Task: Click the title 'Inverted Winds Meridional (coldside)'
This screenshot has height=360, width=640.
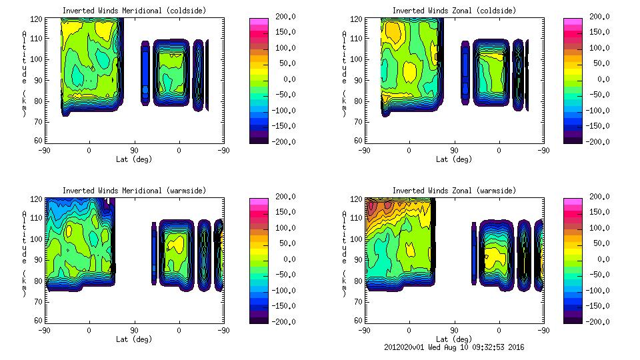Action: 134,10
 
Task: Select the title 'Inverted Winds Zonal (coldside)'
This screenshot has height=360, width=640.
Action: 453,10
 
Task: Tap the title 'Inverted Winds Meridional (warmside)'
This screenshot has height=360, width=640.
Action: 134,191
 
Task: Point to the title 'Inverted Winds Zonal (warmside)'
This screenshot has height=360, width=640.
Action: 453,191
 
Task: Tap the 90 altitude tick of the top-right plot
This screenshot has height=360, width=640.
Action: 359,79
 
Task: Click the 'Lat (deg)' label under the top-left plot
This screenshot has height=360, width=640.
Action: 134,159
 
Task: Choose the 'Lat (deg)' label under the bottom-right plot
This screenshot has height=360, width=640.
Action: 453,339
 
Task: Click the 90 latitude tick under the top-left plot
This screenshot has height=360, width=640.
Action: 134,151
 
